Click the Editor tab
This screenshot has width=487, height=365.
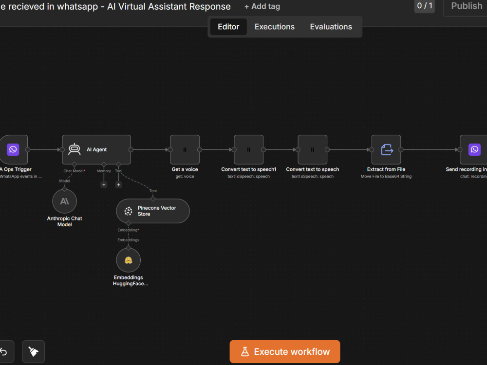228,27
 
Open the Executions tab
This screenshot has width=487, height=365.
275,27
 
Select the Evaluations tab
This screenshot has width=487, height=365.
331,27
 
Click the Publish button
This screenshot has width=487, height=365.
466,6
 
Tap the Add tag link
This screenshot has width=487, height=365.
262,6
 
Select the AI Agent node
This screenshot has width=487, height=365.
96,149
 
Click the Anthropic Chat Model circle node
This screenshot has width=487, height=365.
65,201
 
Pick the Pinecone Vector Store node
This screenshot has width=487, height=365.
153,211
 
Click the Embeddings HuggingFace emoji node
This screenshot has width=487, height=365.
128,260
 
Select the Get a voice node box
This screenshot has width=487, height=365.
185,149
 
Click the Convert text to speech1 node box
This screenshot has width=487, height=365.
248,149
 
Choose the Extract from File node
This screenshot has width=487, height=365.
386,149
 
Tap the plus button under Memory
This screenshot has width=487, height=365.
104,184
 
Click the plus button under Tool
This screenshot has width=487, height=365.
118,184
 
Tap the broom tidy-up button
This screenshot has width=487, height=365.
34,352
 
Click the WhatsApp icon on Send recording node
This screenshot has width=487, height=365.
474,149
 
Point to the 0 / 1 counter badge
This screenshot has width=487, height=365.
425,6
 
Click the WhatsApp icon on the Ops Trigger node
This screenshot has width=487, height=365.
13,149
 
